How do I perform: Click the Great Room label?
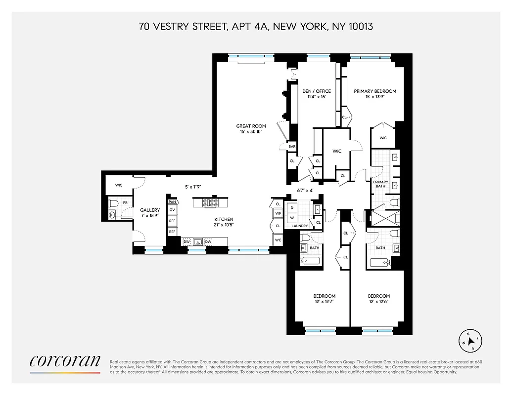click(251, 126)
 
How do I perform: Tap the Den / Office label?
click(317, 91)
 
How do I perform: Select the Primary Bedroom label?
click(375, 91)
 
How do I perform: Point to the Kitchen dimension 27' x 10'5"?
click(224, 225)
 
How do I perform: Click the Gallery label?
click(150, 210)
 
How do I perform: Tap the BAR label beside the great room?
click(292, 147)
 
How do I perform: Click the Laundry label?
click(300, 226)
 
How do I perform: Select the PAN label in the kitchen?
click(172, 202)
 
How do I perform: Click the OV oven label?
click(172, 210)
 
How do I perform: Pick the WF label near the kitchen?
click(278, 213)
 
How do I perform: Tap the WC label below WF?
click(278, 240)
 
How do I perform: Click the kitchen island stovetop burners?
click(212, 202)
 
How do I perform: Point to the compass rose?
click(470, 340)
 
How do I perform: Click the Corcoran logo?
click(65, 362)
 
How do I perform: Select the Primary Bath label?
click(380, 184)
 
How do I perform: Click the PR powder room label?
click(125, 203)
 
